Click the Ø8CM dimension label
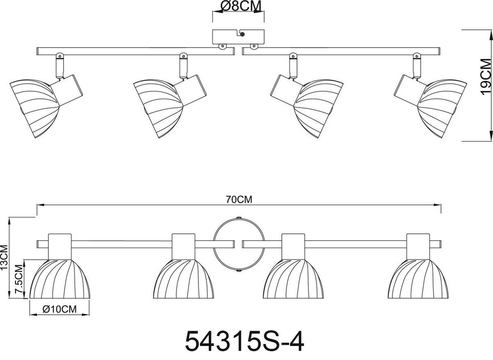coord(241,6)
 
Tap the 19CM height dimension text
coord(486,77)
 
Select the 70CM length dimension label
coord(239,200)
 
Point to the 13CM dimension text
coord(4,257)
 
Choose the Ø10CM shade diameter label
coord(60,309)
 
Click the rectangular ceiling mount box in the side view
coord(238,37)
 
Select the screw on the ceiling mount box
coord(242,34)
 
